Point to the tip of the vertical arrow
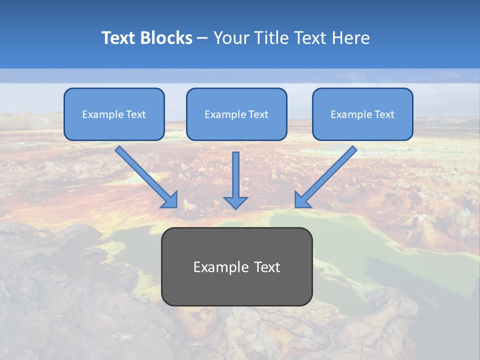[x=235, y=208]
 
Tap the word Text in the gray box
[x=267, y=267]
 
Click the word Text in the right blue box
[x=384, y=114]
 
